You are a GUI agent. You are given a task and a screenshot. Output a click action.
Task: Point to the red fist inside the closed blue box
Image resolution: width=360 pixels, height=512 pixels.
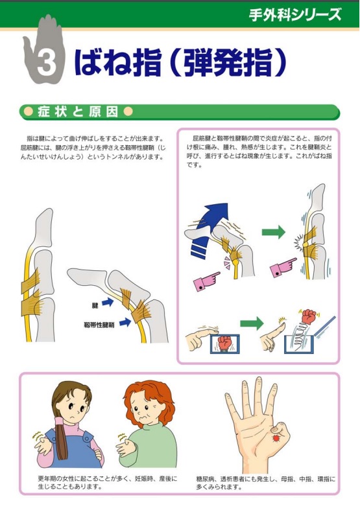pyautogui.click(x=225, y=342)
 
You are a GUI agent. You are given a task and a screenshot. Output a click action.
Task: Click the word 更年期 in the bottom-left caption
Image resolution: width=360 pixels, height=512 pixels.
pyautogui.click(x=49, y=479)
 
